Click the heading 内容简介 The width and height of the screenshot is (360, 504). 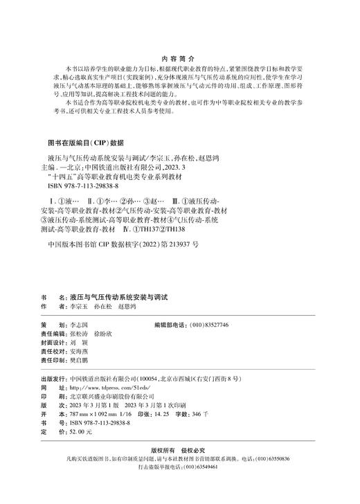click(x=179, y=60)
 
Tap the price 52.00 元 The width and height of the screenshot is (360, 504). click(x=80, y=431)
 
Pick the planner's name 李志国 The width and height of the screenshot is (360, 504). click(x=80, y=324)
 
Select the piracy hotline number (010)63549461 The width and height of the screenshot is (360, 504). click(x=210, y=467)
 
